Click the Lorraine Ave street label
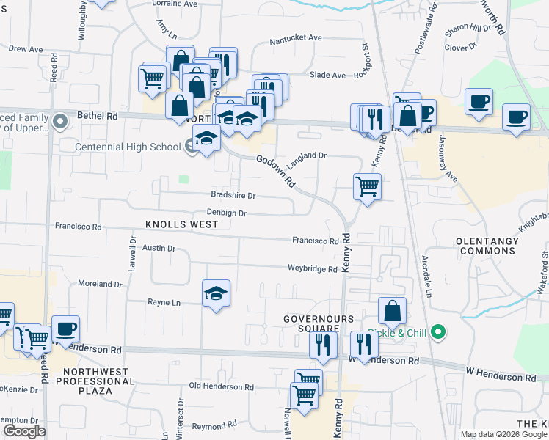tap(175, 4)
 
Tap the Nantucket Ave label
tap(296, 37)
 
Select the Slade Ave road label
tap(327, 75)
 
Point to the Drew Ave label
tap(26, 49)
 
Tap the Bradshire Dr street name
tap(233, 196)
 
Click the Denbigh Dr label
tap(226, 213)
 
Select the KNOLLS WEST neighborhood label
tap(181, 224)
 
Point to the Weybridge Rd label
tap(312, 269)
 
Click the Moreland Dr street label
tap(99, 284)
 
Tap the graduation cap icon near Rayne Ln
tap(216, 293)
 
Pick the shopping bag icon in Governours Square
tap(393, 311)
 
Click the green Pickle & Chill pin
tap(439, 332)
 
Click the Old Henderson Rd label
tap(221, 386)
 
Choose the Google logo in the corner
tap(23, 431)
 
